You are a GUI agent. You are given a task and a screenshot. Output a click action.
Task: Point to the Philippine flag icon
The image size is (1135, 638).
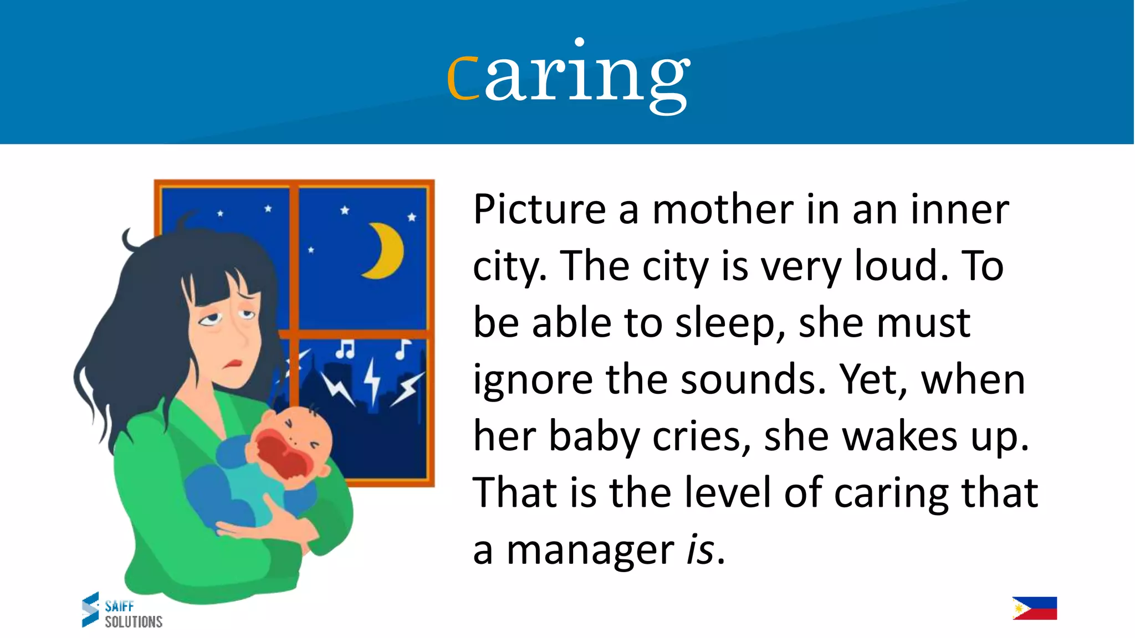pos(1034,608)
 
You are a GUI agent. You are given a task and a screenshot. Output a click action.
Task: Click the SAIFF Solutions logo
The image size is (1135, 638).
pos(122,610)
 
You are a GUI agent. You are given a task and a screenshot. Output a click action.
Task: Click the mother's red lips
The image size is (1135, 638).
pos(232,365)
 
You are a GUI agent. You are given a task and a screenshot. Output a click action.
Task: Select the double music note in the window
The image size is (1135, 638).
pos(345,349)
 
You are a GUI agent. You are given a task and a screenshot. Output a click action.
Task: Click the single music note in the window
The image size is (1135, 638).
pos(402,349)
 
